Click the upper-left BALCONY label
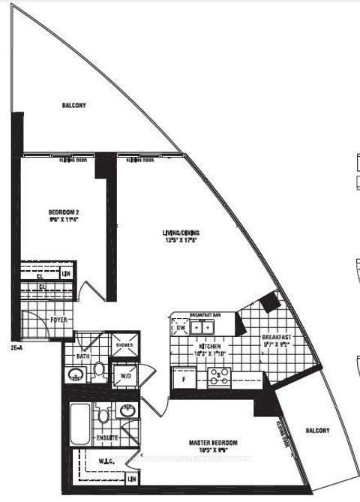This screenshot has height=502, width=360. click(73, 106)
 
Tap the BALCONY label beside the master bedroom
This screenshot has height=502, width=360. click(318, 431)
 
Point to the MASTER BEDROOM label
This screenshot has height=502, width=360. click(201, 449)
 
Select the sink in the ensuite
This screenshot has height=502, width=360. click(127, 412)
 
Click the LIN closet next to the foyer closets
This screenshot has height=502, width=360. click(67, 273)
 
